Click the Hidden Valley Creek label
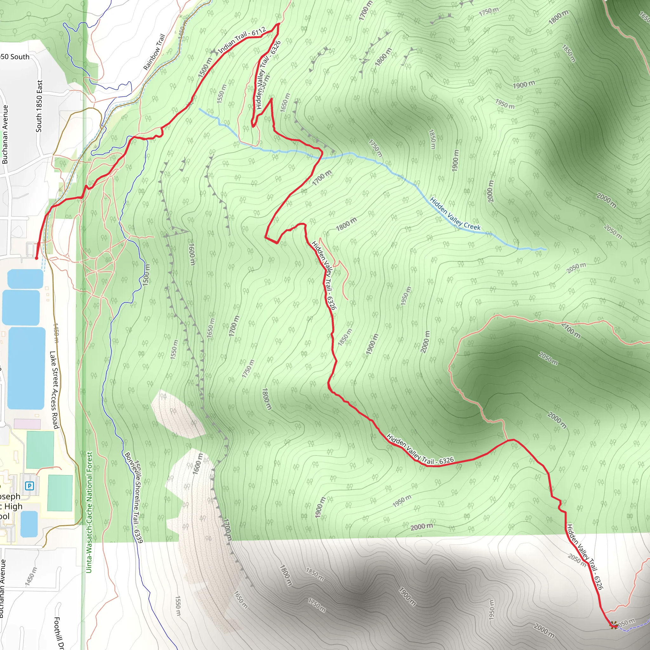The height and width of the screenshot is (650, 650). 455,214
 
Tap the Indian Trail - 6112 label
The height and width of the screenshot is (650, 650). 242,40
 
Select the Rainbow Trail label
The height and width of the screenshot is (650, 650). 154,52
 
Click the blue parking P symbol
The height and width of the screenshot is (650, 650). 30,486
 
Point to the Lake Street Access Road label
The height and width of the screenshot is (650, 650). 55,390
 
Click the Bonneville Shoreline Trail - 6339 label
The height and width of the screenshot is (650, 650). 134,498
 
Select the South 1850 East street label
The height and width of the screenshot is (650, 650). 39,106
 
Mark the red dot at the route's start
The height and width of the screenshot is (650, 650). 36,258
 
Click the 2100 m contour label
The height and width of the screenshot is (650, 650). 571,330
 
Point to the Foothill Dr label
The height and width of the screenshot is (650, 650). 58,633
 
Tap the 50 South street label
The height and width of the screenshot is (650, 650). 15,57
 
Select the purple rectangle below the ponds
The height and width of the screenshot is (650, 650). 27,424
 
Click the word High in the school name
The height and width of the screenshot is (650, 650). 13,506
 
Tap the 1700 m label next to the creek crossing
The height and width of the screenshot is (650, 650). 322,178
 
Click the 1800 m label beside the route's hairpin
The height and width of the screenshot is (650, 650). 346,224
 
